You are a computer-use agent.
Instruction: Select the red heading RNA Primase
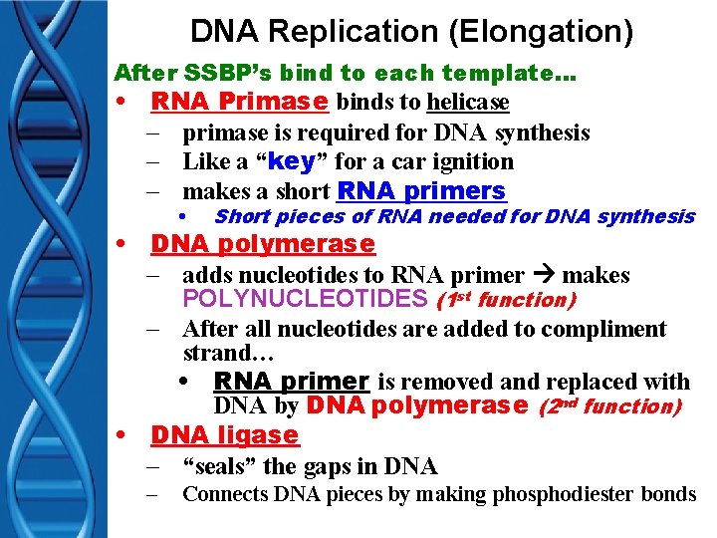(240, 102)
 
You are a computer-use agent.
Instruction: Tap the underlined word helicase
(468, 102)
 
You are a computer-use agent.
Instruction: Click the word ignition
(468, 161)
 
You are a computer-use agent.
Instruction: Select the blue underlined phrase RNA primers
(421, 190)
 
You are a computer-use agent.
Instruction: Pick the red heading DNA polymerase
(263, 244)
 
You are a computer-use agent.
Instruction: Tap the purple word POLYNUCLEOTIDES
(306, 299)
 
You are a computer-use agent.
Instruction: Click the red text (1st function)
(506, 299)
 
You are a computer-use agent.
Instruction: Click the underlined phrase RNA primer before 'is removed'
(292, 382)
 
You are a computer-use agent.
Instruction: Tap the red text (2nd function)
(609, 405)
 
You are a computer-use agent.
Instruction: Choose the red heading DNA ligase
(224, 434)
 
